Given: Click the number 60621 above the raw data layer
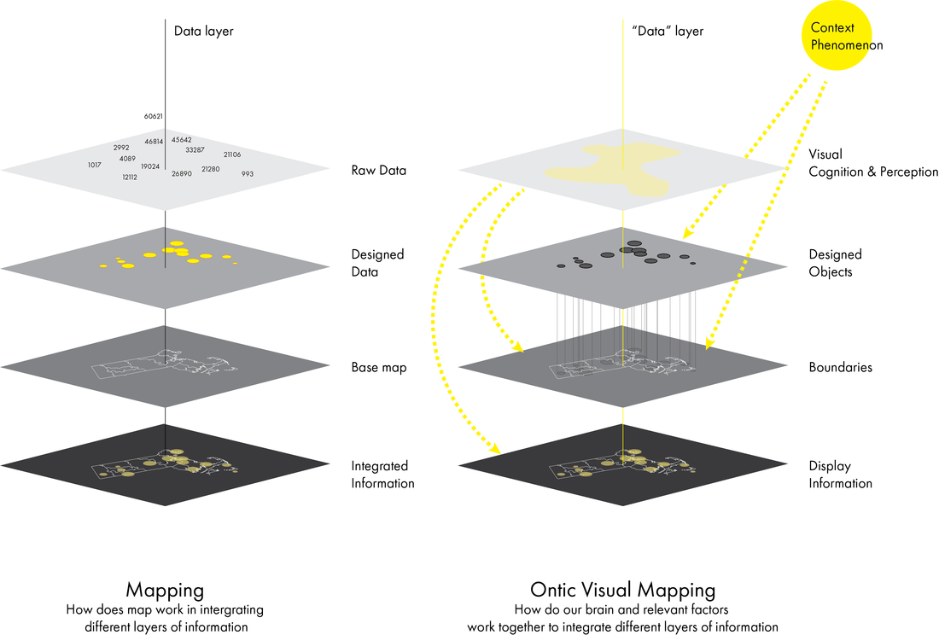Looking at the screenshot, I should point(154,116).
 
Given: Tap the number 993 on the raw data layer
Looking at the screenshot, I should point(248,174).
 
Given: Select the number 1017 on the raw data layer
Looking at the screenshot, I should point(94,165).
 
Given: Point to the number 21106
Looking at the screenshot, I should point(232,154).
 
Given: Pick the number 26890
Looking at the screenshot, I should point(182,174).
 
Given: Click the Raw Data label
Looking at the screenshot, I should point(378,171).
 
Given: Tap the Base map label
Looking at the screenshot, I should point(378,368).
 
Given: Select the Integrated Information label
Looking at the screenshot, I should point(382,475).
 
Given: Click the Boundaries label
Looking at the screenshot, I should point(840,368).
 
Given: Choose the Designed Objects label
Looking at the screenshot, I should point(836,263).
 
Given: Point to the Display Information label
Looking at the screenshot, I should point(840,475).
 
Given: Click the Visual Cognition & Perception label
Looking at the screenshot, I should point(873,163).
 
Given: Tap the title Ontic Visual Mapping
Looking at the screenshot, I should point(622,590).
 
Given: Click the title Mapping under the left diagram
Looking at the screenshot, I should point(165,590).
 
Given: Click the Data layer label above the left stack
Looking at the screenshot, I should point(203,32).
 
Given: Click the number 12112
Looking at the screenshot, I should point(130,178).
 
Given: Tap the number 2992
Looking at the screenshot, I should point(121,148).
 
